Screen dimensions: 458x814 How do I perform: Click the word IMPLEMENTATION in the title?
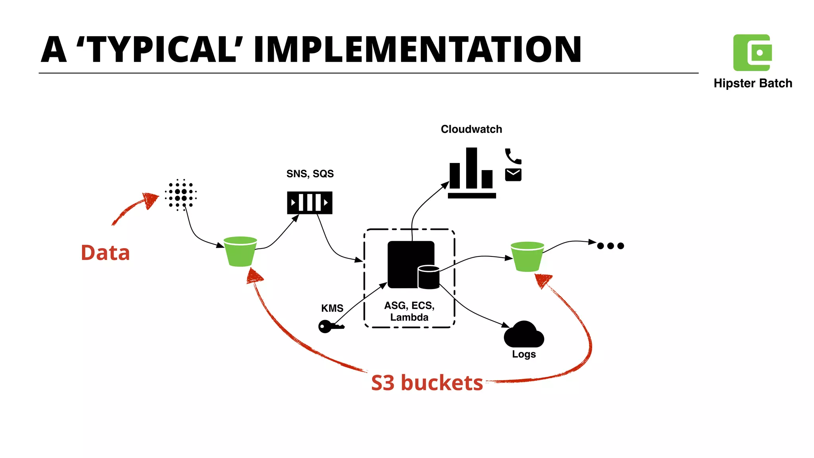[417, 49]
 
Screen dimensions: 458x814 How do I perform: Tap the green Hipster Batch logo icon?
[752, 52]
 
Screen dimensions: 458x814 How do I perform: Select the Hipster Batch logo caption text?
[753, 83]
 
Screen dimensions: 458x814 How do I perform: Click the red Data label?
[105, 253]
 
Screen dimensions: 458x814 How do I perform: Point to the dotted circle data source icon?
[181, 195]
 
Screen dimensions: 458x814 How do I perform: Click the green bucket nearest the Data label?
[240, 251]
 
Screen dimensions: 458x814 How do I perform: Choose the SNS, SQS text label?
[310, 174]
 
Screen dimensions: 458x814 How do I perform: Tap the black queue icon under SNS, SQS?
[310, 203]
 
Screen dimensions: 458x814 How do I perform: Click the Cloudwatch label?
[471, 129]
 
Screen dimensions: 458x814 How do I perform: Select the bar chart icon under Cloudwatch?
[472, 173]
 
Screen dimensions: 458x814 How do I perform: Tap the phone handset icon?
[513, 156]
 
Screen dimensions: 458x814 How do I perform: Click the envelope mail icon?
[513, 175]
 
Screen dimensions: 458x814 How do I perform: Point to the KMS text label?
[332, 308]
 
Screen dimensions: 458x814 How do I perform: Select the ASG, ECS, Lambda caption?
[409, 311]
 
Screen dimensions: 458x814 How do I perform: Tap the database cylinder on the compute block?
[428, 277]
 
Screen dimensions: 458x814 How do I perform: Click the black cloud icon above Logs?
[524, 334]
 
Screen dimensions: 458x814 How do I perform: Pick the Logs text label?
[524, 354]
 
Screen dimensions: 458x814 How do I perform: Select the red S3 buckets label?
[427, 383]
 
